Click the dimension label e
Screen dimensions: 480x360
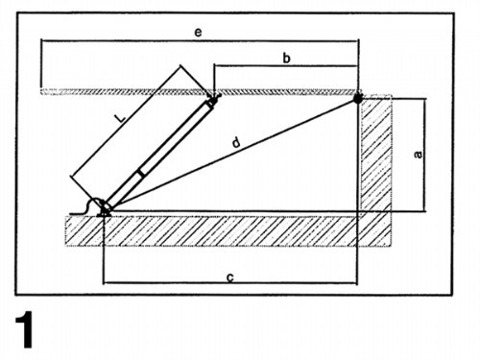click(198, 33)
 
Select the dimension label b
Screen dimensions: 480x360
click(287, 59)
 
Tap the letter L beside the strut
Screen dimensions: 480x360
click(120, 118)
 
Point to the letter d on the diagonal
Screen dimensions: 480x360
click(236, 142)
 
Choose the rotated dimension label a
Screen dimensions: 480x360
click(418, 155)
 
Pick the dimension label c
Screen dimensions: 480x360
click(230, 277)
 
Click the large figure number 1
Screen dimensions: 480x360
click(24, 329)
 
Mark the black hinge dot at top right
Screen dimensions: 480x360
click(358, 98)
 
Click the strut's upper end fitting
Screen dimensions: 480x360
click(212, 101)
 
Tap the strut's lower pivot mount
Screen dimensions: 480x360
click(105, 209)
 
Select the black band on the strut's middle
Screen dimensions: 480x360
click(141, 173)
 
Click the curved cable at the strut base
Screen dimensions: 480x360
click(85, 207)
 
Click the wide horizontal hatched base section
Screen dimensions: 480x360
click(228, 231)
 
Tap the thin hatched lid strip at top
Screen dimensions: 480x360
click(199, 92)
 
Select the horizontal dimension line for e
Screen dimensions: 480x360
click(200, 40)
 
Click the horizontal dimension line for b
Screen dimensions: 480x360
click(286, 66)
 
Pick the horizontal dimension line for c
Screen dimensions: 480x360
click(229, 283)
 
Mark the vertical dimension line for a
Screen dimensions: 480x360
click(425, 156)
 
